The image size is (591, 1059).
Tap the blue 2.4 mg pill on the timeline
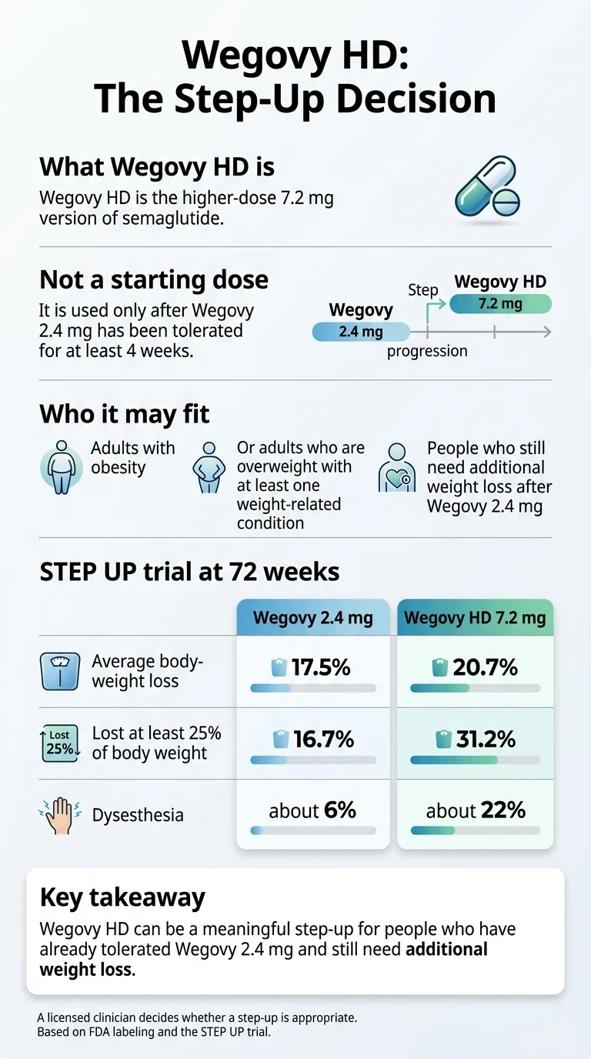coord(360,332)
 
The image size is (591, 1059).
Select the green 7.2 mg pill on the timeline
coord(500,304)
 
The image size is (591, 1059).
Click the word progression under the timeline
coord(427,351)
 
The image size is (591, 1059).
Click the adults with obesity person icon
coord(62,466)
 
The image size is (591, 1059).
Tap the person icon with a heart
coord(397,467)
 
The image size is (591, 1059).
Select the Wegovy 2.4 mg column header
coord(312,618)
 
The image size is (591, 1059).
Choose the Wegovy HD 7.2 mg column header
coord(475,618)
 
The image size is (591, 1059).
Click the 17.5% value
coord(320,667)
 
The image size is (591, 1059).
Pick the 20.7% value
coord(484,667)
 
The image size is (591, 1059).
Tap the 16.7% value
coord(322,739)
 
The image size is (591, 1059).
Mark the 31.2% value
coord(484,739)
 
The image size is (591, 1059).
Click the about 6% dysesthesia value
coord(312,810)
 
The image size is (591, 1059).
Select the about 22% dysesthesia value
coord(476,810)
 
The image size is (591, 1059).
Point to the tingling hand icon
coord(60,815)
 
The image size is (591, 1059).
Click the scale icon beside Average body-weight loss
coord(59,671)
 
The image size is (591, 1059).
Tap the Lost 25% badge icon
coord(60,743)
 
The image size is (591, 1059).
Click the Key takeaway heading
coord(122,897)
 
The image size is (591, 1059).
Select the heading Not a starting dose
coord(154,279)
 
